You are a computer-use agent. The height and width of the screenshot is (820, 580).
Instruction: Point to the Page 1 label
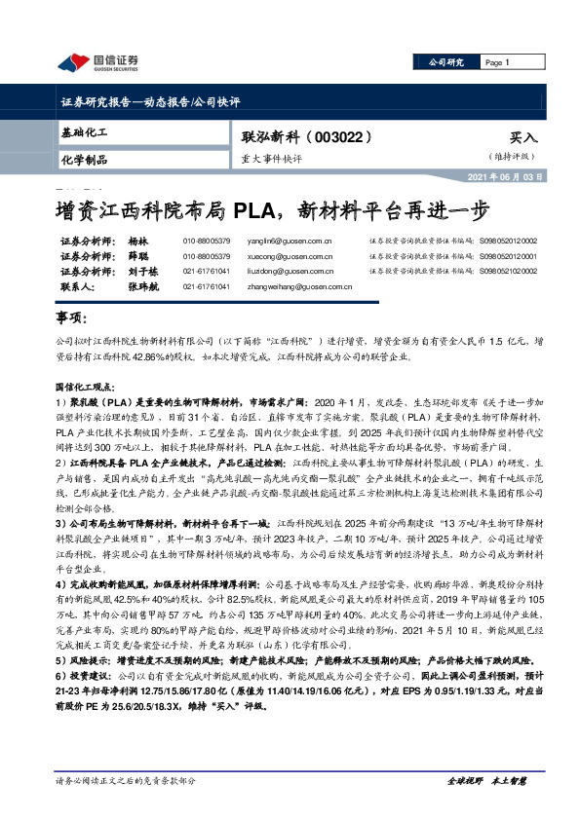(498, 62)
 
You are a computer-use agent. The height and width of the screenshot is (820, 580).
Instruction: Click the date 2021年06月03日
(521, 177)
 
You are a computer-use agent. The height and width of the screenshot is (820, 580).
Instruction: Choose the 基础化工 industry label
(83, 131)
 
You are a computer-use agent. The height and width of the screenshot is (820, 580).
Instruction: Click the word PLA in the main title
(261, 209)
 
